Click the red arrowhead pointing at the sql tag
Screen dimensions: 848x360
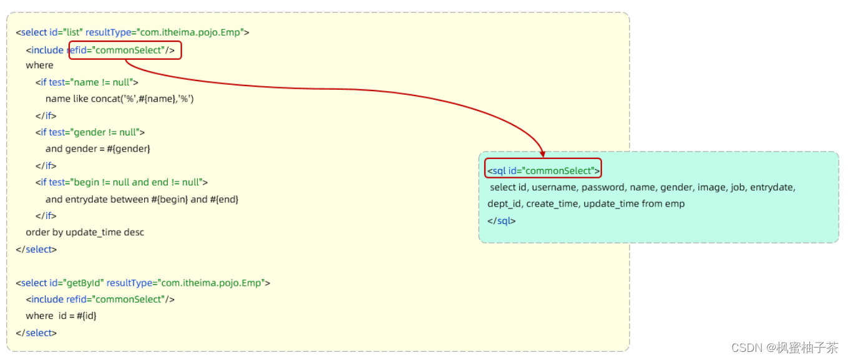click(542, 153)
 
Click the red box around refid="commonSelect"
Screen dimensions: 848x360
click(125, 51)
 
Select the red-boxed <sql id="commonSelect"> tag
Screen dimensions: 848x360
click(543, 170)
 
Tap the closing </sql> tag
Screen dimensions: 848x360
click(502, 221)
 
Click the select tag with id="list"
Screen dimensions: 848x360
click(133, 32)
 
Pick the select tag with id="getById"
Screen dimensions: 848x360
click(143, 283)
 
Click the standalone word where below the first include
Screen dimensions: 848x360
click(39, 66)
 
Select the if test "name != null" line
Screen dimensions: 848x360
click(87, 82)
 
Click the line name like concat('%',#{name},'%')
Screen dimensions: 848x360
click(119, 99)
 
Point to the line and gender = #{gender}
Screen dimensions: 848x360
click(98, 149)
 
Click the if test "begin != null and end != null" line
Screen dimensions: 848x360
click(121, 182)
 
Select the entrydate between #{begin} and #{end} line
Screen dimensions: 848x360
click(142, 199)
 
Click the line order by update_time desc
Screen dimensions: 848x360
click(85, 232)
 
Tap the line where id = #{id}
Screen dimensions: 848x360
click(61, 316)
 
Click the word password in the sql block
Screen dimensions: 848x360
click(603, 187)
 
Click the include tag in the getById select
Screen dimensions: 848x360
click(100, 299)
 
